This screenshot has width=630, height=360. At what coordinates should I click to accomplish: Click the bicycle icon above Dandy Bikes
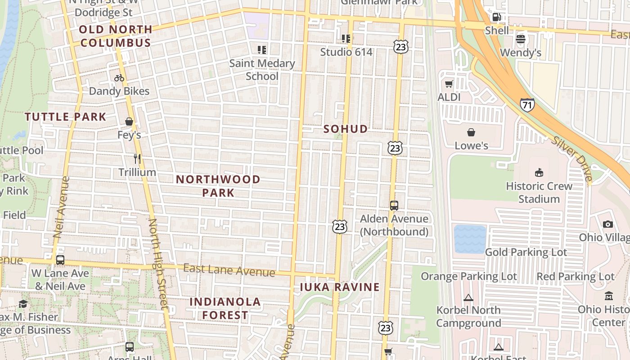(x=119, y=78)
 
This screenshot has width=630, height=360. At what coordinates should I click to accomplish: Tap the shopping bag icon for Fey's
(x=129, y=121)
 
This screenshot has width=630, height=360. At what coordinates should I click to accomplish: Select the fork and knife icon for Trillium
(x=137, y=158)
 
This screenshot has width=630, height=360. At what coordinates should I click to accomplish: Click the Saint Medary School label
(x=262, y=70)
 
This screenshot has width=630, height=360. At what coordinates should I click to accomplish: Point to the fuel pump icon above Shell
(x=497, y=17)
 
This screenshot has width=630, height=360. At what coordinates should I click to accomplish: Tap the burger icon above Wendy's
(x=521, y=39)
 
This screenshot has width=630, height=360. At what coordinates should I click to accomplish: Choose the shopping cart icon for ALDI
(x=449, y=84)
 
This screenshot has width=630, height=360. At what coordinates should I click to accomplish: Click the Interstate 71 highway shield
(x=527, y=105)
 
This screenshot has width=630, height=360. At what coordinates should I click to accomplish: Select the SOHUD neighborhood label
(x=346, y=129)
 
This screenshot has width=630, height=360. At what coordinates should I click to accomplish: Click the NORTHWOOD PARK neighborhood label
(x=218, y=186)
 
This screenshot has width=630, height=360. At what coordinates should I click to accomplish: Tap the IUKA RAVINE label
(x=340, y=287)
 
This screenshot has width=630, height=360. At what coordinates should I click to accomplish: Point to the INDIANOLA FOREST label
(x=225, y=308)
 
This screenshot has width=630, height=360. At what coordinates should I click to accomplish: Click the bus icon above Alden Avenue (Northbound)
(x=394, y=206)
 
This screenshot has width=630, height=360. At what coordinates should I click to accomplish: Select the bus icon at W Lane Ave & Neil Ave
(x=60, y=260)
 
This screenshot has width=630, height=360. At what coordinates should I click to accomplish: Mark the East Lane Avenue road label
(x=229, y=270)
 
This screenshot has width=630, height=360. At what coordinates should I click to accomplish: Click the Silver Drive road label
(x=571, y=158)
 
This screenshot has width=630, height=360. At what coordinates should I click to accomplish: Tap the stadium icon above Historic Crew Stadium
(x=539, y=172)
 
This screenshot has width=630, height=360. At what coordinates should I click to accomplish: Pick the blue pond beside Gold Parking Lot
(x=470, y=239)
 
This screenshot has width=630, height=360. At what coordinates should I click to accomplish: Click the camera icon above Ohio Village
(x=608, y=224)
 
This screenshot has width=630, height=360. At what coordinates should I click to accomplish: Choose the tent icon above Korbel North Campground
(x=468, y=297)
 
